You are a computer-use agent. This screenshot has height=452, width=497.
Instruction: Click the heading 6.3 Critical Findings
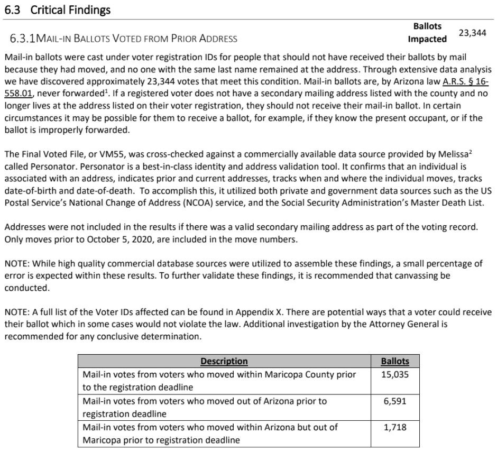coord(58,10)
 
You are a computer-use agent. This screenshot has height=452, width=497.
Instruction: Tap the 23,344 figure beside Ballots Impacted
coord(472,33)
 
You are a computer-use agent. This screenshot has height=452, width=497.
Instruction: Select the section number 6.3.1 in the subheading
coord(27,39)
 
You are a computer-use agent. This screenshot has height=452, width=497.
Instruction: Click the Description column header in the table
coord(224,362)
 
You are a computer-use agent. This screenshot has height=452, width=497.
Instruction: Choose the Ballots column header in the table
coord(395,362)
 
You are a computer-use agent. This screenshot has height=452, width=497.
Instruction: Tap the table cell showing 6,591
coord(395,401)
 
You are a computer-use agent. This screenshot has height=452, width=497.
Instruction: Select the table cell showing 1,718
coord(395,427)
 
